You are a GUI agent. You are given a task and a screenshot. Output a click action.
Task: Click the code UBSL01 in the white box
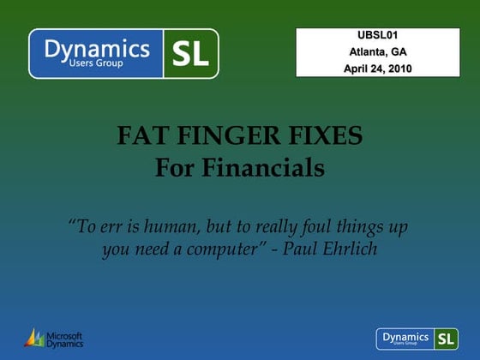(x=377, y=35)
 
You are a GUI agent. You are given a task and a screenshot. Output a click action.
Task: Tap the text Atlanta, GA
(x=377, y=51)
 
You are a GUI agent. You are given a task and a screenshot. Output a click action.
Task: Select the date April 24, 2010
(x=377, y=68)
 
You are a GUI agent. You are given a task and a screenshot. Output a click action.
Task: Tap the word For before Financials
(x=175, y=168)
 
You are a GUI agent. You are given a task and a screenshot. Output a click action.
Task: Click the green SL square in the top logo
(x=190, y=53)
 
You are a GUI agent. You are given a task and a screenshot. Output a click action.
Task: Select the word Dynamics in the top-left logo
(x=97, y=49)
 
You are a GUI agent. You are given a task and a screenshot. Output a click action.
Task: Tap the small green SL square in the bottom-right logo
(x=446, y=338)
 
